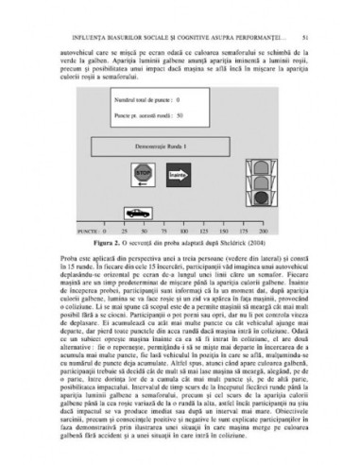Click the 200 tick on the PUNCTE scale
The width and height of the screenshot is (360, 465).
(261, 230)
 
